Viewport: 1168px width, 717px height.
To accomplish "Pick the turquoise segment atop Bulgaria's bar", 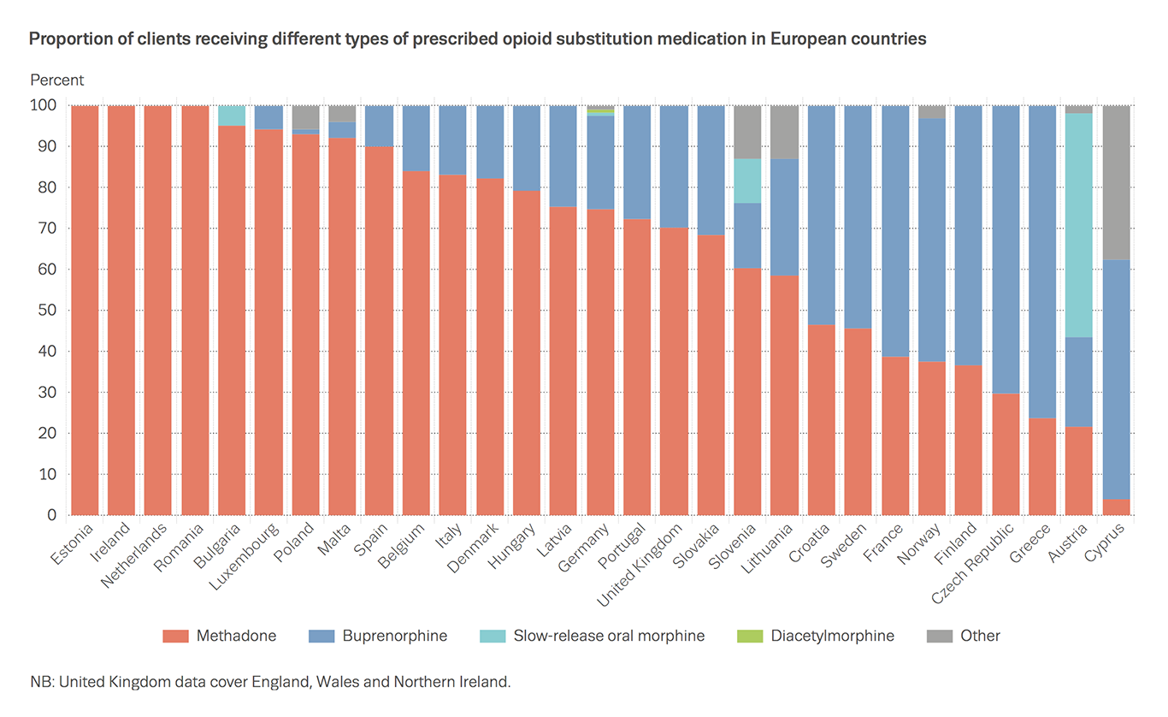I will (232, 116).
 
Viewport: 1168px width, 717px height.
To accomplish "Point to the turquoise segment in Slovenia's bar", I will (747, 181).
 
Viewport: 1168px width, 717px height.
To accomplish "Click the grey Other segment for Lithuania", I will (784, 132).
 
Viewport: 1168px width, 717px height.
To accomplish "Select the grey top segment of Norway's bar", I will (932, 112).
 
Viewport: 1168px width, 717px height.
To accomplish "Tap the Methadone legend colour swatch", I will (174, 636).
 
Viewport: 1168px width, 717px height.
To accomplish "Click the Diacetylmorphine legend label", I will (832, 636).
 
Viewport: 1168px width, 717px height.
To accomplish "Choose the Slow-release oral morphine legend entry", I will (609, 636).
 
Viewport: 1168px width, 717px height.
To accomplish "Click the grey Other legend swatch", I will (938, 636).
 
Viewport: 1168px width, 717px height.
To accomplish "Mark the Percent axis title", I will (57, 80).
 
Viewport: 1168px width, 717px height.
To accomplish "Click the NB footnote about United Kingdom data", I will (270, 682).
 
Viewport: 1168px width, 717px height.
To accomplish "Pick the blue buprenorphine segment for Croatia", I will (821, 215).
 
